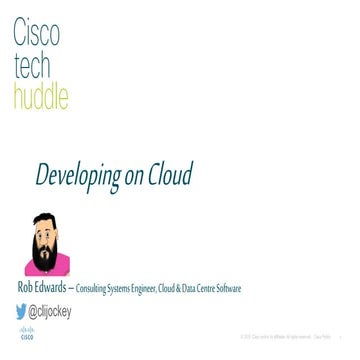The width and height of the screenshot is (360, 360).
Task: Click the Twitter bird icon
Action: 22,310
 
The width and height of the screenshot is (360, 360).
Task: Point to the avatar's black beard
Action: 43,245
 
